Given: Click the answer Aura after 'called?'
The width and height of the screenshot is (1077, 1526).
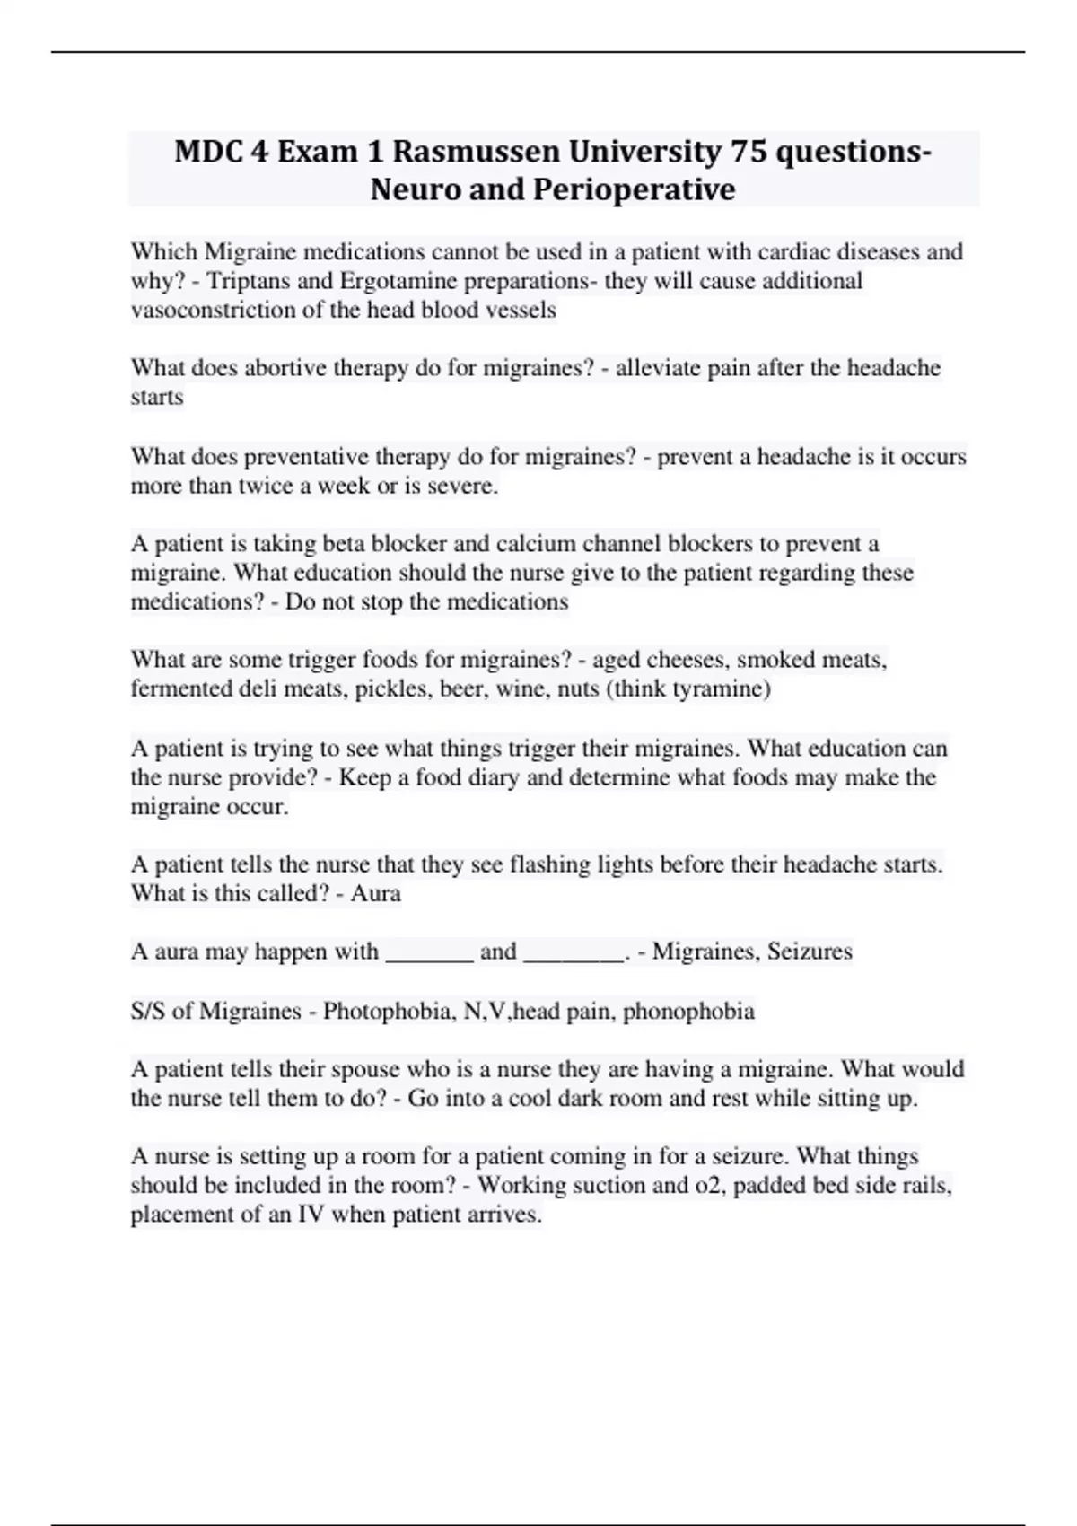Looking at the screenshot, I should point(376,894).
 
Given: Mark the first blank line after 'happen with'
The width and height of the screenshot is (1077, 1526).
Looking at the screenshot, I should point(429,953).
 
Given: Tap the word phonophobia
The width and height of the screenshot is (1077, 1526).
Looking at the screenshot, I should point(688,1012).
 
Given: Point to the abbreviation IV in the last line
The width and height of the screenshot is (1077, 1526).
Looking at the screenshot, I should point(311,1215).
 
